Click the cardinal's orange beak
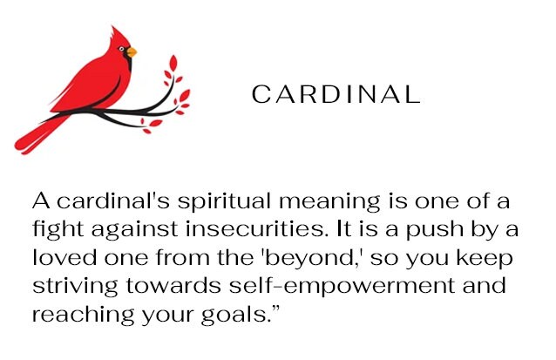132,52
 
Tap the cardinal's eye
122,49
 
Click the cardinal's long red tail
39,136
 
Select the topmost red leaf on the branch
173,63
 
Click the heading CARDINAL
336,94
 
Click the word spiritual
224,202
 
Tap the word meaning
329,202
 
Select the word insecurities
255,228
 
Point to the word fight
58,230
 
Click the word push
435,230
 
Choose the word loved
64,257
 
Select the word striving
75,287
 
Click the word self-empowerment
342,287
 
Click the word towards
173,286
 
